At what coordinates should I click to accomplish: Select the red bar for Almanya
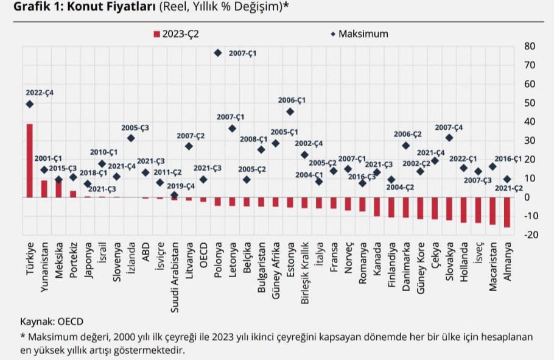click(x=507, y=212)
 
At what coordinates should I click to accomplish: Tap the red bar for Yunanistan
click(x=44, y=188)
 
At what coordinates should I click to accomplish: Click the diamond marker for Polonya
click(x=217, y=53)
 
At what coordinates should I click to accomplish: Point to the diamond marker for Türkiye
click(x=30, y=104)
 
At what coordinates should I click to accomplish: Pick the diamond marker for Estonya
click(x=290, y=111)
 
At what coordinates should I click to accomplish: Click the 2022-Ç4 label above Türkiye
click(x=40, y=92)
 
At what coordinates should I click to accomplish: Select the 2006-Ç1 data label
click(x=292, y=99)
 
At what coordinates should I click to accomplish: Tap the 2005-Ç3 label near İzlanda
click(x=135, y=128)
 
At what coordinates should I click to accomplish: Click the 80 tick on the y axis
click(x=529, y=46)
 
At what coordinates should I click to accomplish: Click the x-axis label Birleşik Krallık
click(x=305, y=274)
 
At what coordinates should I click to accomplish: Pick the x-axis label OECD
click(x=204, y=255)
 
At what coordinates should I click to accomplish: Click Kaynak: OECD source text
click(x=52, y=321)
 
